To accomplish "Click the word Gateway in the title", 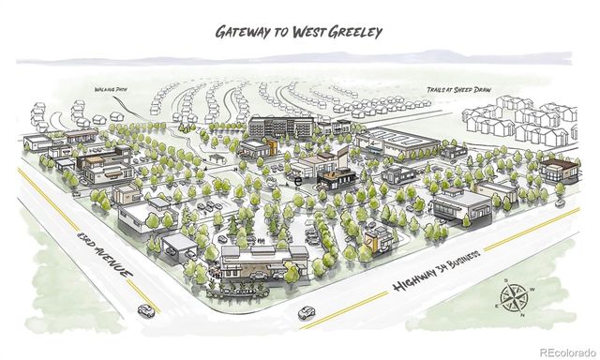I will click(x=245, y=31).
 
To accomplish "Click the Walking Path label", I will click(x=110, y=91).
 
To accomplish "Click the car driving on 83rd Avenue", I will click(x=146, y=310).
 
